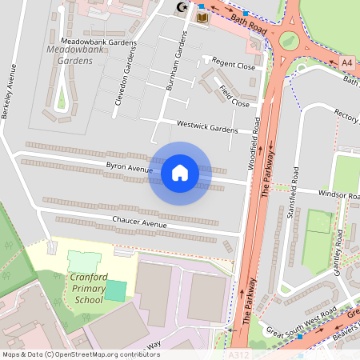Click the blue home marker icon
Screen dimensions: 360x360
[180, 173]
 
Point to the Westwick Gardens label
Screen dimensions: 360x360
[208, 127]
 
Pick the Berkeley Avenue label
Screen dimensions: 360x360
[10, 90]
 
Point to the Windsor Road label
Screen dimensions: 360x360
[339, 194]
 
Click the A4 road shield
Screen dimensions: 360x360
[346, 62]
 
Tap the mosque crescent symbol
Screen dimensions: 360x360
[181, 7]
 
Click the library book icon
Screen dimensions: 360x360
[202, 17]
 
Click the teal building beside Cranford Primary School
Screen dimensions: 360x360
[115, 290]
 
